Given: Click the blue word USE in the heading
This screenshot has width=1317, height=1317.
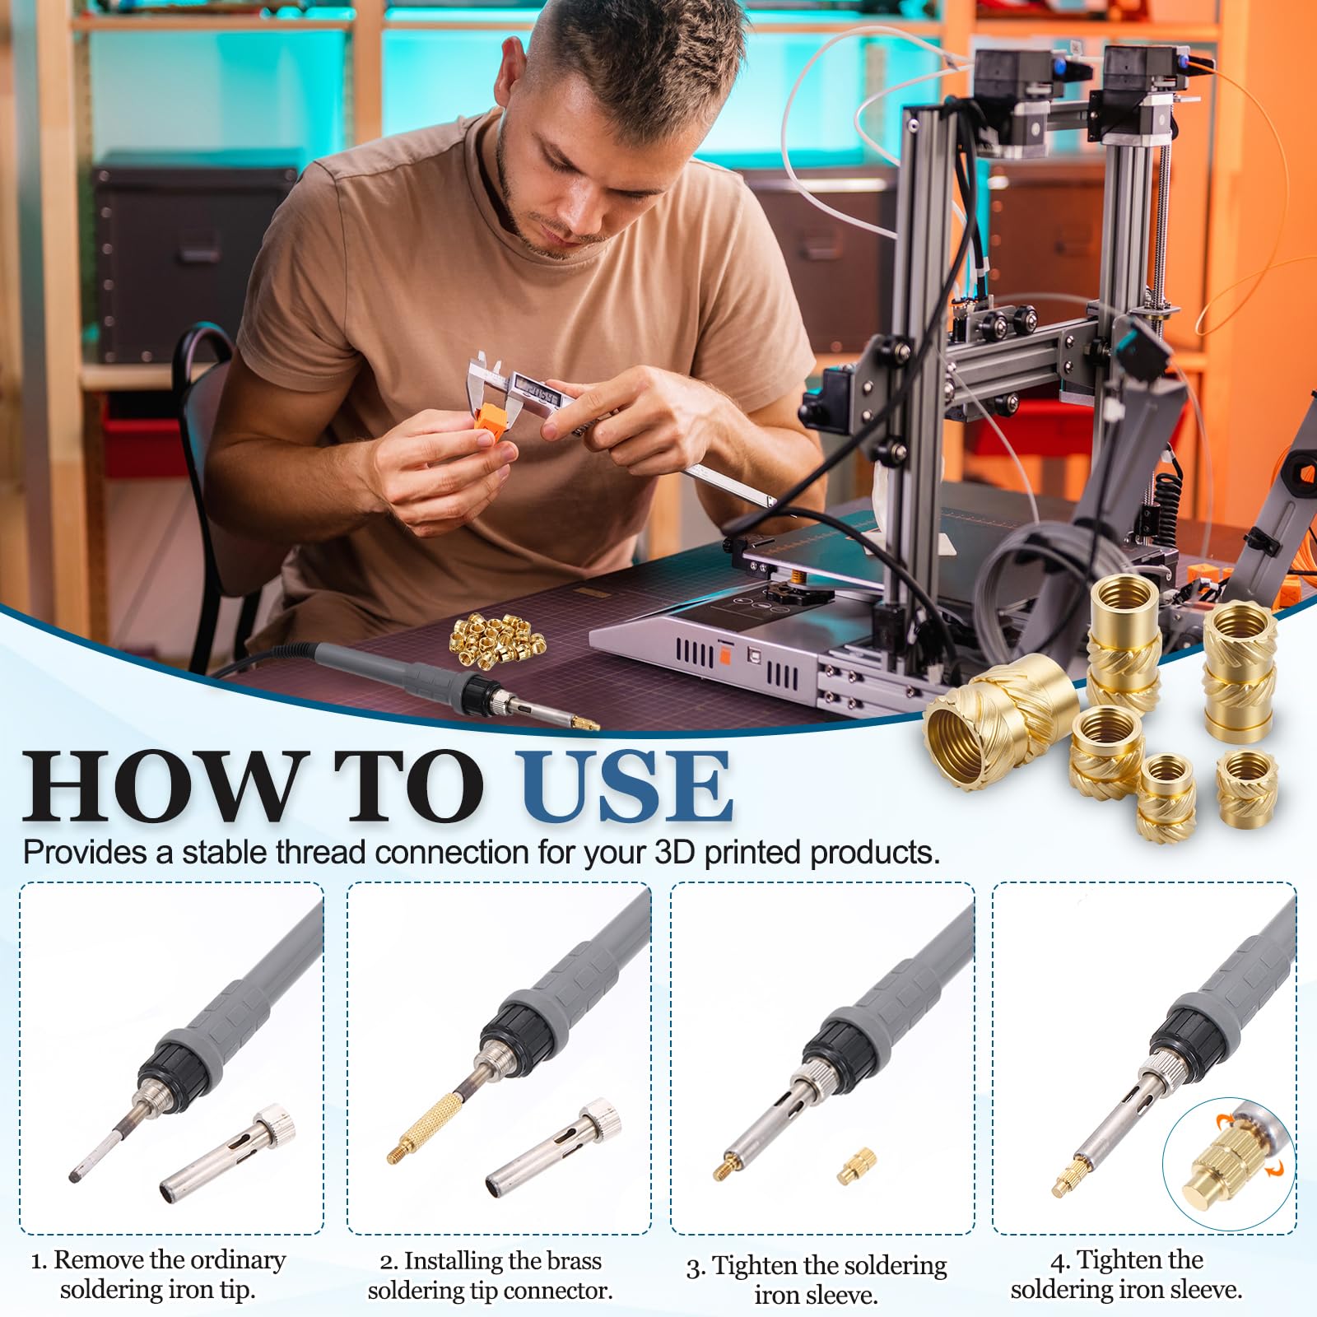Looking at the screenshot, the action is [x=626, y=786].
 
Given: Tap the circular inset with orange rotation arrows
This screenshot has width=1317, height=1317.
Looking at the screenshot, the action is [x=1229, y=1166].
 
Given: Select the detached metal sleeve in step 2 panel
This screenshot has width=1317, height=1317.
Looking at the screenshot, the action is [x=553, y=1149].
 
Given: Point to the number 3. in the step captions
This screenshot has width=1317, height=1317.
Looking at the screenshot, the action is [x=696, y=1268].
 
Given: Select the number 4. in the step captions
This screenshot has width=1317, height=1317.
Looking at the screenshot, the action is [x=1060, y=1261].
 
